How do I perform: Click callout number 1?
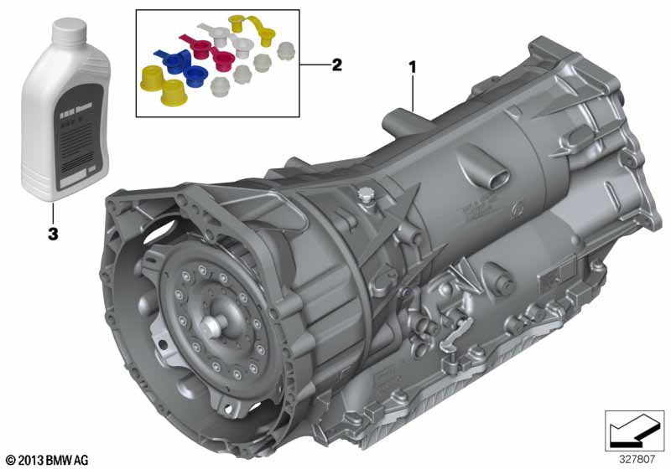tap(412, 64)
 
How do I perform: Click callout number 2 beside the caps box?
tap(336, 64)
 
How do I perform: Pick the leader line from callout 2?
tap(314, 64)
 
